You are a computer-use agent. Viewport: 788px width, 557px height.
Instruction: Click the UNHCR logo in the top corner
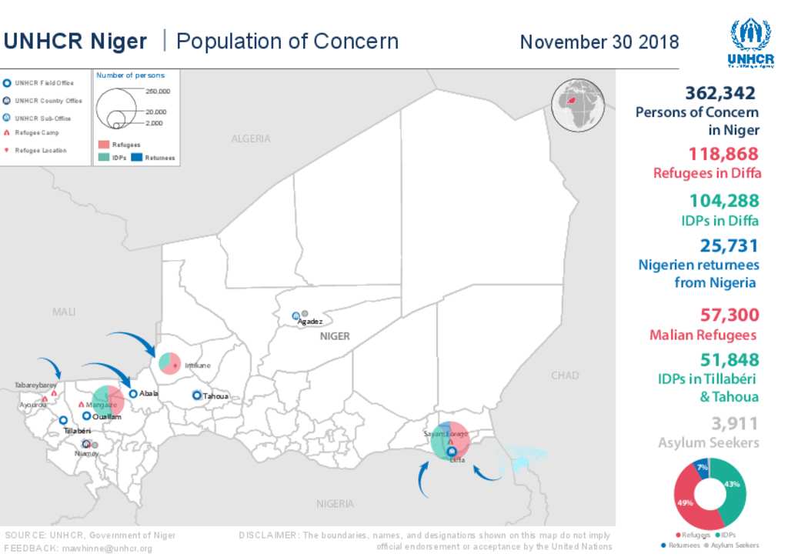tap(750, 43)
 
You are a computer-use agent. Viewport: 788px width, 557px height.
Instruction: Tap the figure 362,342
tap(721, 93)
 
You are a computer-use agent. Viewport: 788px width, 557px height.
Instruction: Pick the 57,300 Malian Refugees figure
tap(730, 315)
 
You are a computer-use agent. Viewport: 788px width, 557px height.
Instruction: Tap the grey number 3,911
tap(734, 423)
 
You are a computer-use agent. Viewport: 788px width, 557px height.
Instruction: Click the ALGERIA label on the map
tap(251, 138)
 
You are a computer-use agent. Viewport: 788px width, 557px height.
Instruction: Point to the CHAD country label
tap(565, 375)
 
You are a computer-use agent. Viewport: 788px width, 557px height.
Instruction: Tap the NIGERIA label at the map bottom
tap(335, 504)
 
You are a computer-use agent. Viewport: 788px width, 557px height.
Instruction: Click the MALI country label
tap(64, 312)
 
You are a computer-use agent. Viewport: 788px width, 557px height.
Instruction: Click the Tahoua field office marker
tap(197, 395)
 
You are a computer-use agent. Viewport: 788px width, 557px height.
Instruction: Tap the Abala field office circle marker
tap(133, 393)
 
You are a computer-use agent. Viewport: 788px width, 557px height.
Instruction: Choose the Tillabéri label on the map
tap(78, 431)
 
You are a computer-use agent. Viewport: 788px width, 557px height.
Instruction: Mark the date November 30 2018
tap(599, 42)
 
